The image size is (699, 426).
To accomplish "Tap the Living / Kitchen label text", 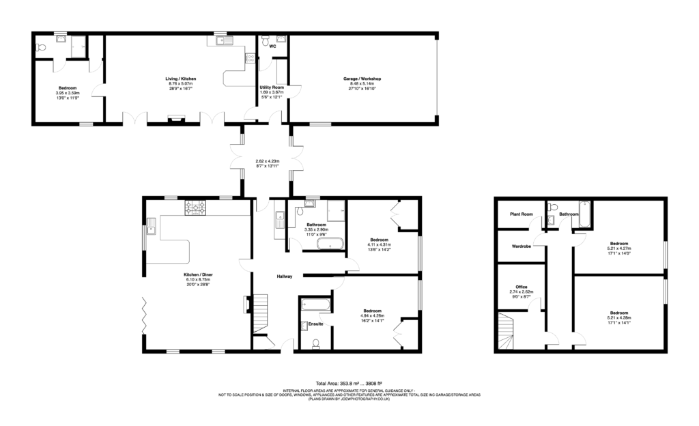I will click(181, 79).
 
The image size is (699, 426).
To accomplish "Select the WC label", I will click(272, 47).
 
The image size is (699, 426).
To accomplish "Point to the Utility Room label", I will click(271, 87).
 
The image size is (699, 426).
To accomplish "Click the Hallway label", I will click(285, 276).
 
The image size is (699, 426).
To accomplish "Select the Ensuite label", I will click(315, 324).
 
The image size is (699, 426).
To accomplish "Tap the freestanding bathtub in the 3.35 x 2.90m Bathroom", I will click(334, 244).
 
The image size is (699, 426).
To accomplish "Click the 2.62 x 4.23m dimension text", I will click(266, 162).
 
